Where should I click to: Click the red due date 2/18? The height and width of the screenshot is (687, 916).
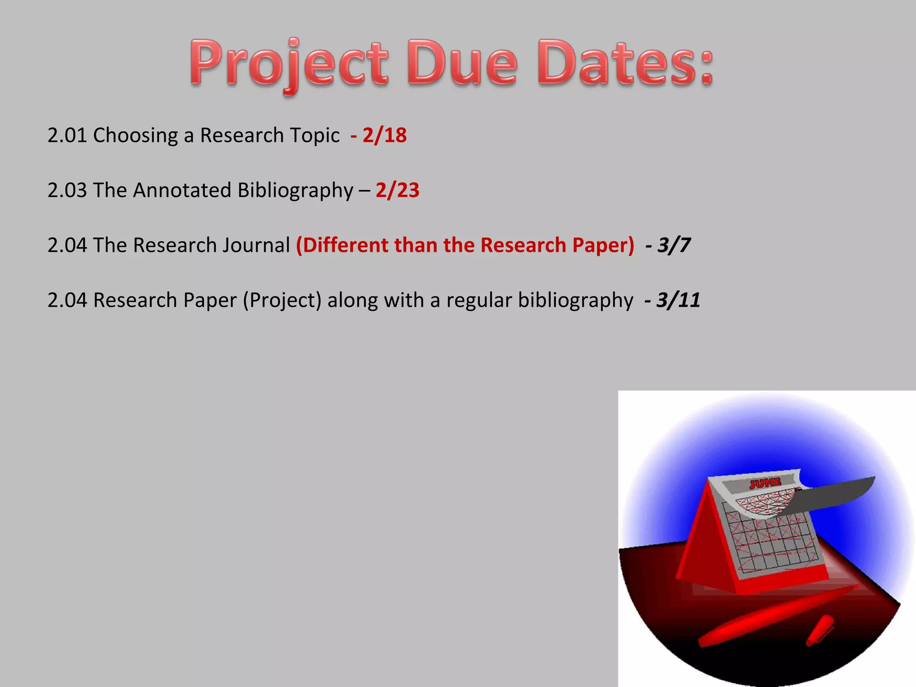384,135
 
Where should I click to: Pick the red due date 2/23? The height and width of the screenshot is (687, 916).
397,190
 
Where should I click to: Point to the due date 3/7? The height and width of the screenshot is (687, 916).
674,245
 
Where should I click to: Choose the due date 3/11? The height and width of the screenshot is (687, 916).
678,300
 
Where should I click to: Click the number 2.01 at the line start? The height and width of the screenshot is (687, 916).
67,135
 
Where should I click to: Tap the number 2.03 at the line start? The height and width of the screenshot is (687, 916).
67,190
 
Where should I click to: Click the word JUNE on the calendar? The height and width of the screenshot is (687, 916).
765,483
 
